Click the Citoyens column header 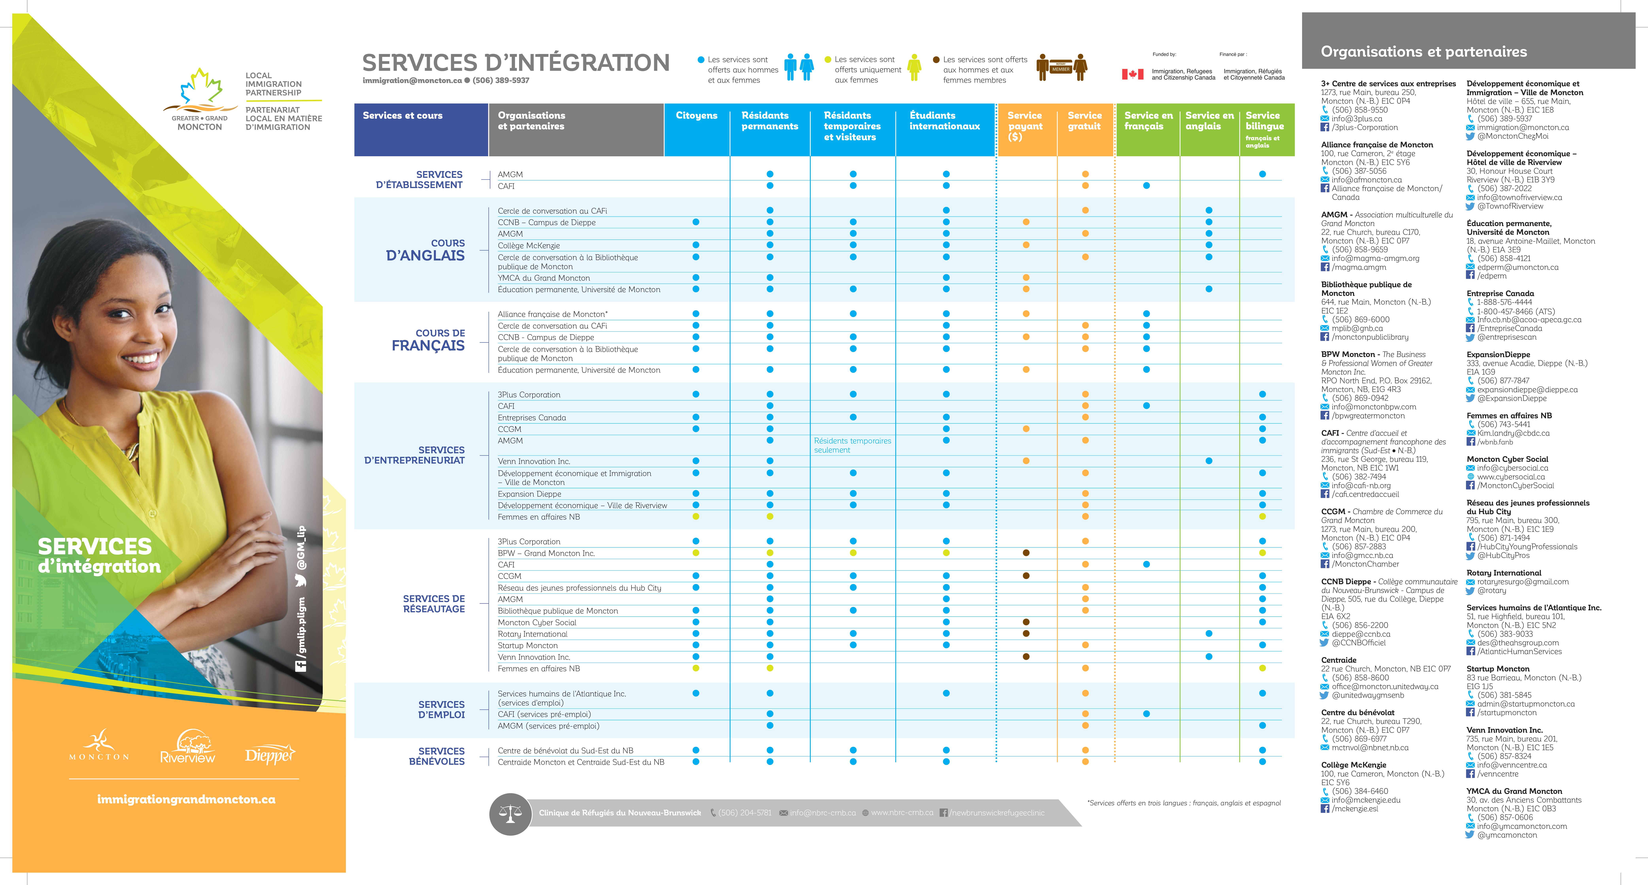click(696, 116)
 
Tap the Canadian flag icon click(1132, 74)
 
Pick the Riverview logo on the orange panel click(187, 747)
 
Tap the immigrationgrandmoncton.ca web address click(186, 799)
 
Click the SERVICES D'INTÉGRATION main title click(516, 63)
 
